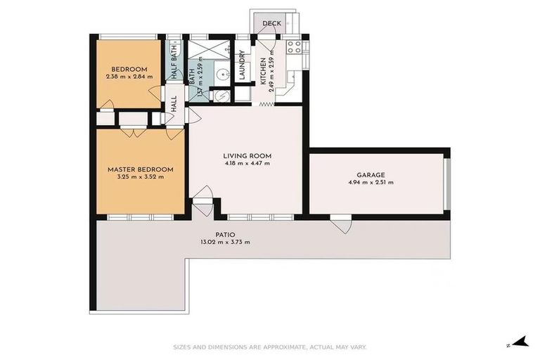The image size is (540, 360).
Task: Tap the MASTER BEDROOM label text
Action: [140, 169]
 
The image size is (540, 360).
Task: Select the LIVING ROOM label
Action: [247, 156]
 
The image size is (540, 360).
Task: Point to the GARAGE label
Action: [370, 175]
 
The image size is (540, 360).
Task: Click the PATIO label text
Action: [225, 235]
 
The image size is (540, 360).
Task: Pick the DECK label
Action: [271, 24]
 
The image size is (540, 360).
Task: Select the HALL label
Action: [174, 104]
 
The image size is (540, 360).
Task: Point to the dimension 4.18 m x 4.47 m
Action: [247, 163]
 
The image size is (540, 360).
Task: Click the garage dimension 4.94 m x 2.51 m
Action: [370, 182]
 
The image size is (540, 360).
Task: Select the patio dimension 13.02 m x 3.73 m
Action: [225, 242]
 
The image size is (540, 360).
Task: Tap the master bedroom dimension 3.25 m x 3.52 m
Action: [140, 176]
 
